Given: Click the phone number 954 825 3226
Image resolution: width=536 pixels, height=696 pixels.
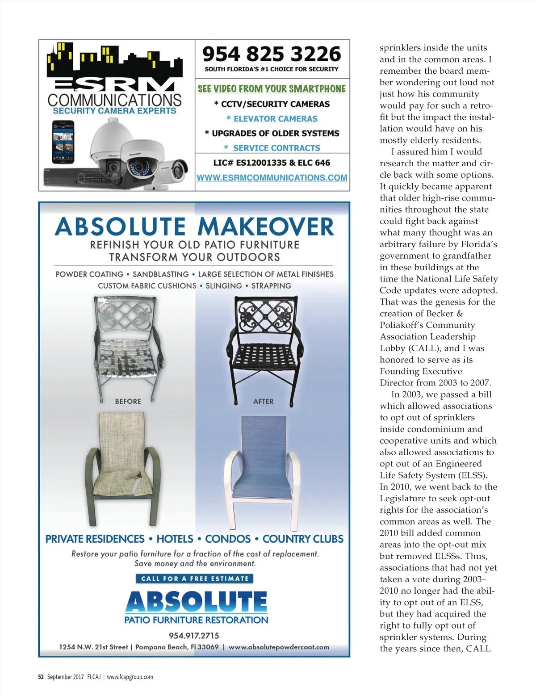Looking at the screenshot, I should [272, 54].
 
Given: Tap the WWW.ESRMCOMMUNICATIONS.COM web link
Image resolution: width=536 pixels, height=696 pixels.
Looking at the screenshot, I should [272, 177].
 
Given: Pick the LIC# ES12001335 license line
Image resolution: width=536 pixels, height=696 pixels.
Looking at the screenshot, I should [272, 163].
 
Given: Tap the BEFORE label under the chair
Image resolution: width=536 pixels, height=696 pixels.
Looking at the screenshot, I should [128, 401].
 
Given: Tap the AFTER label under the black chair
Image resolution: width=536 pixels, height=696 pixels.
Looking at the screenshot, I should [263, 401].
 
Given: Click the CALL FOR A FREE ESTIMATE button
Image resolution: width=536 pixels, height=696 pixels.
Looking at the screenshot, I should [194, 579].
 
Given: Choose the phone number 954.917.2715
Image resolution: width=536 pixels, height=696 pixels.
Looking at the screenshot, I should [194, 635].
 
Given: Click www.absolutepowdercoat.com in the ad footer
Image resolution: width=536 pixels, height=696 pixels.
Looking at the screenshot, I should [279, 647].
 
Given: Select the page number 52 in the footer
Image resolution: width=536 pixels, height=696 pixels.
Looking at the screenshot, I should [41, 677].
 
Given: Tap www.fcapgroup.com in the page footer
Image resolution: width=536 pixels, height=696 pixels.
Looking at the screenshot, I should [130, 677].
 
